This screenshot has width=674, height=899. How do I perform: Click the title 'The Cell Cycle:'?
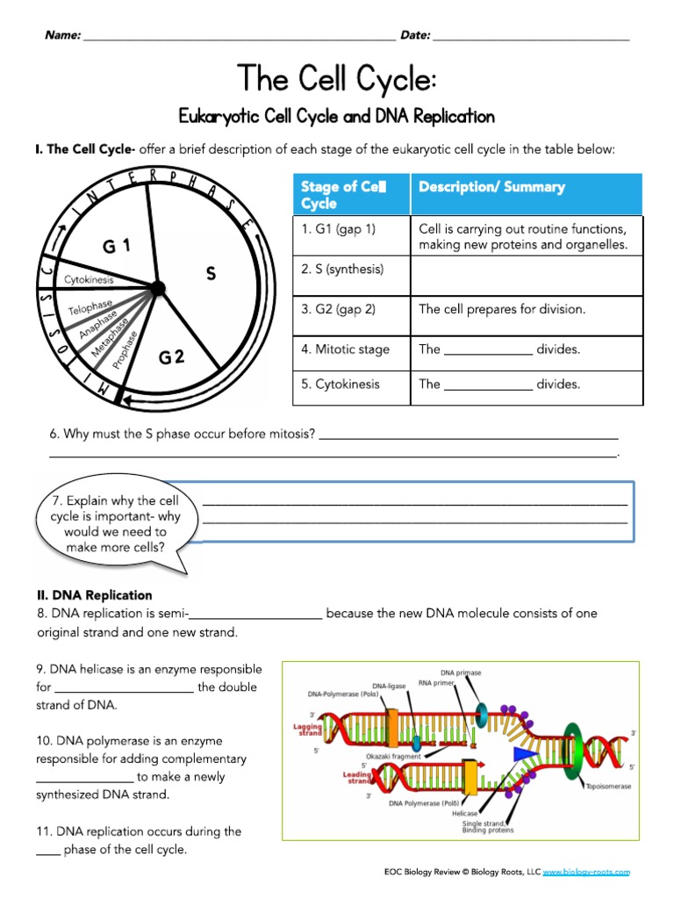(337, 79)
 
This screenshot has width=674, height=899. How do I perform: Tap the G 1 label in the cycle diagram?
(116, 247)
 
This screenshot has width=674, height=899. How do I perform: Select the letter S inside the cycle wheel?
(211, 274)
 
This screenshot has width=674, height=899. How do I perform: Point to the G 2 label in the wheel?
(171, 356)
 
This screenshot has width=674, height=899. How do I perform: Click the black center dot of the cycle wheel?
(157, 287)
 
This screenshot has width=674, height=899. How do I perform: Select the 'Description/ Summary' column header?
(491, 187)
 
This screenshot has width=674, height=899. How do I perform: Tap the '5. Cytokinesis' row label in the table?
(341, 384)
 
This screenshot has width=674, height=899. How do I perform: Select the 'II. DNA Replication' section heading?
(94, 595)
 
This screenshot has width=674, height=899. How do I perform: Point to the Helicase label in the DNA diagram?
(464, 813)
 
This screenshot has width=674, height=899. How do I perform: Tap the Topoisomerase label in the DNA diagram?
(607, 787)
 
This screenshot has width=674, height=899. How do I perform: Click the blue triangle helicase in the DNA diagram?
(526, 753)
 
